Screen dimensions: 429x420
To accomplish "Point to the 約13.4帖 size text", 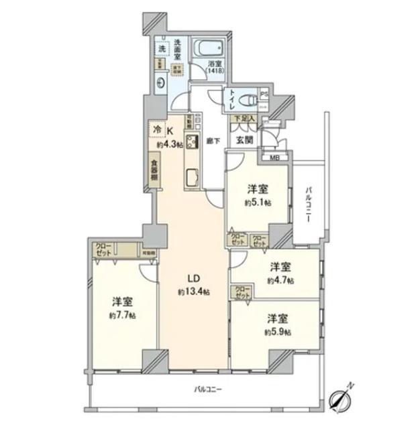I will (x=193, y=292).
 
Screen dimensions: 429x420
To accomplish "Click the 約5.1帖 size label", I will (x=258, y=202).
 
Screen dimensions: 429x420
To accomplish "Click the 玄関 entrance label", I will (x=243, y=140).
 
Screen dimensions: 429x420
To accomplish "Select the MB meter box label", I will (x=275, y=158).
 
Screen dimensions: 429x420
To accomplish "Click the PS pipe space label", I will (x=264, y=94).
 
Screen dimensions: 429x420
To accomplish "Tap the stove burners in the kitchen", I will (x=190, y=143).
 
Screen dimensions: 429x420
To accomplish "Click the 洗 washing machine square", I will (x=162, y=48).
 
